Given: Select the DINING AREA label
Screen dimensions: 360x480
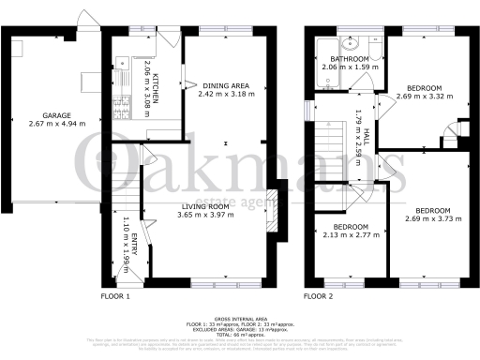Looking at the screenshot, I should coord(225,85).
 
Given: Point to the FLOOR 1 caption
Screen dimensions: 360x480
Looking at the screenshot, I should coord(115,296).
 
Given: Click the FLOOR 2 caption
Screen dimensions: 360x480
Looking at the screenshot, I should coord(319,296).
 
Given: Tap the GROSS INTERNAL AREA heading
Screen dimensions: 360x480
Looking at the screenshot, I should coord(242,319).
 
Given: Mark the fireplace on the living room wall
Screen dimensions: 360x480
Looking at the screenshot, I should coord(273,211).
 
